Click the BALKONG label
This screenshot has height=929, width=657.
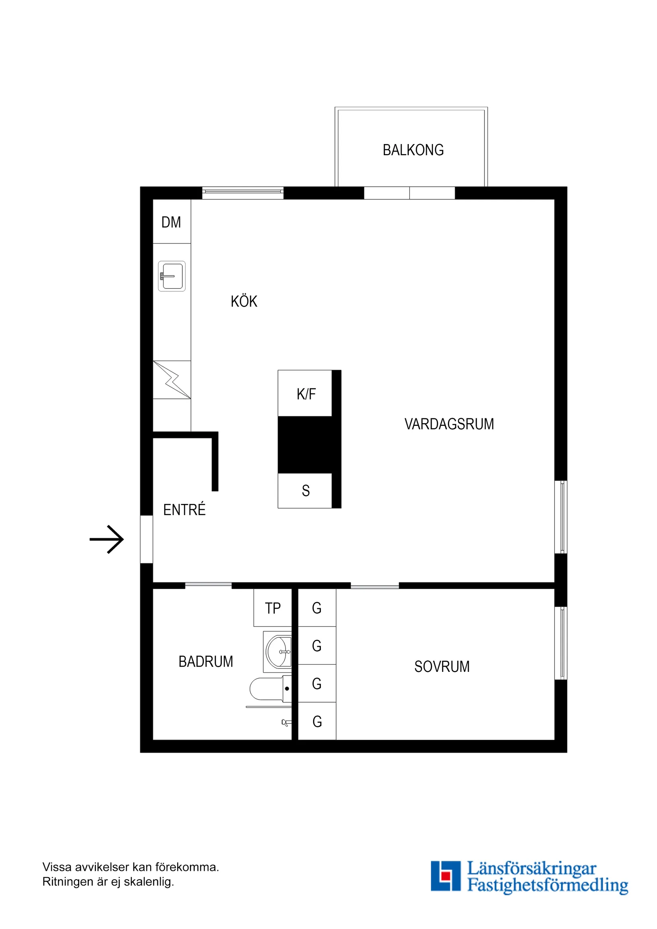(413, 150)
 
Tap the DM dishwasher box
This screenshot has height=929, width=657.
(171, 222)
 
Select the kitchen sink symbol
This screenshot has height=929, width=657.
(172, 276)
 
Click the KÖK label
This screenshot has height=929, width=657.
(244, 301)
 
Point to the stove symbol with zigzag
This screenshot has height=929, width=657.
(172, 380)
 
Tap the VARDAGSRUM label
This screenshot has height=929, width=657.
(449, 424)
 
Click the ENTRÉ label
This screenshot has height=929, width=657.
(184, 510)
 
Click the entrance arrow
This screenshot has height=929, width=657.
(107, 539)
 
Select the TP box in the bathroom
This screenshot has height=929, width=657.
(272, 608)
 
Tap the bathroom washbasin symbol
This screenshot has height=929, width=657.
(278, 652)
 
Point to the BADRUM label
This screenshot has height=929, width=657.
(205, 662)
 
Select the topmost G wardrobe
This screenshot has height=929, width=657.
(317, 608)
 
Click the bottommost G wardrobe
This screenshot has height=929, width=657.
(317, 722)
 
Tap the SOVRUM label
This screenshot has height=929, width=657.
(442, 667)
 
